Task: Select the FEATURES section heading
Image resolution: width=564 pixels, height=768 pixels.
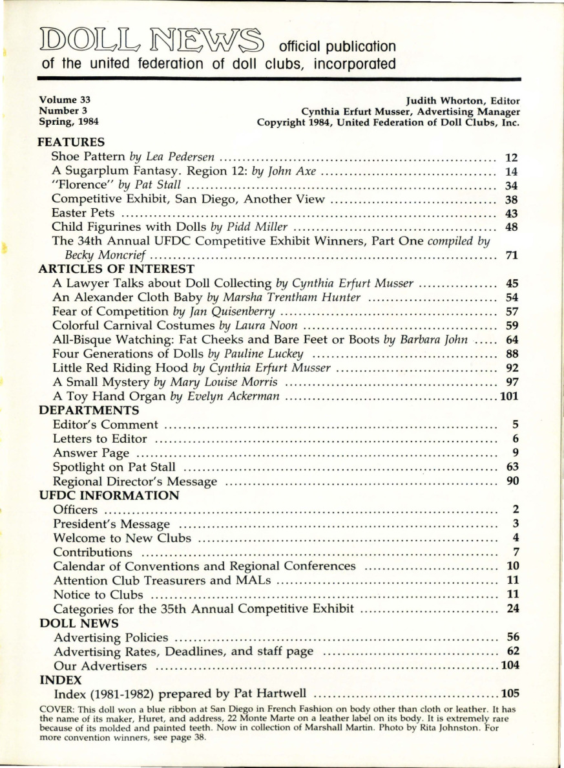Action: pos(72,141)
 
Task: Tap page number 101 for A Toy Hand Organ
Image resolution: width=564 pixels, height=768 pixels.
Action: pos(510,396)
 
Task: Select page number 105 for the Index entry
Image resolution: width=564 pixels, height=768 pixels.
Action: pos(510,694)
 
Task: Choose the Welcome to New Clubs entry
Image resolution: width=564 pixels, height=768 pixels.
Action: pos(122,538)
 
